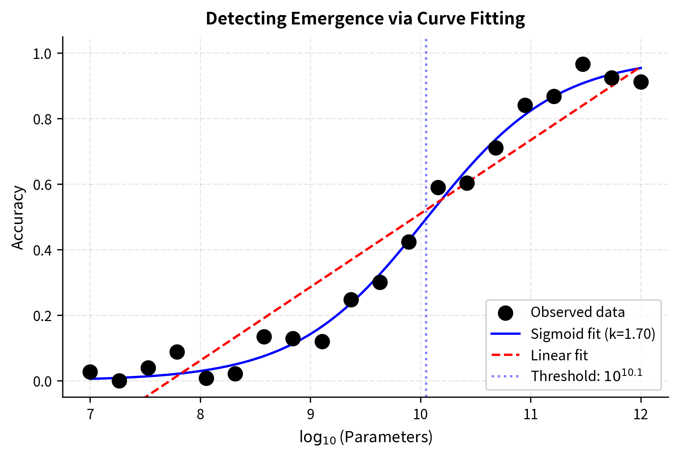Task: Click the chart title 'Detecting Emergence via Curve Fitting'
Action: [x=365, y=19]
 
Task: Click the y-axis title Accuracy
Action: [x=17, y=218]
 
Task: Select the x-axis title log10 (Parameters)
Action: [x=366, y=437]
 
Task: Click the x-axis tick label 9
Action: [x=310, y=414]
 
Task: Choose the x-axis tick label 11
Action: [x=530, y=414]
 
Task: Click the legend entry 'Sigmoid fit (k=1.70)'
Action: [x=593, y=334]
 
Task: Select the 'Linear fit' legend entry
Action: [x=559, y=356]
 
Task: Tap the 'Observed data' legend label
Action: [x=577, y=312]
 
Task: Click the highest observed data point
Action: [x=583, y=64]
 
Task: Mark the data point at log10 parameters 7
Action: [x=90, y=372]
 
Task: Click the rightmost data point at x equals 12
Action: [x=641, y=82]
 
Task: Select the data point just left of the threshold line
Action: [x=409, y=242]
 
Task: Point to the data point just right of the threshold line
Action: [x=438, y=187]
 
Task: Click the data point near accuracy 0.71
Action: [x=496, y=148]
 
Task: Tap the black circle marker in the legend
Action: [x=505, y=313]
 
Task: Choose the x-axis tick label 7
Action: [x=90, y=414]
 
